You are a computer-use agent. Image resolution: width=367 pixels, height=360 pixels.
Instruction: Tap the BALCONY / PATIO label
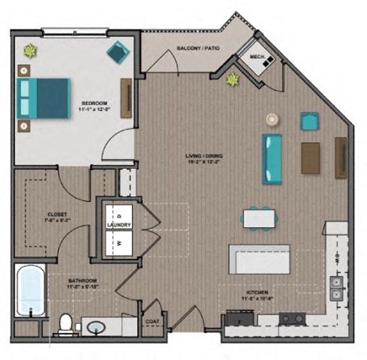click(199, 48)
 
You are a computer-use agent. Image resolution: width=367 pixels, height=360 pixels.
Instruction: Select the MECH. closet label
click(256, 56)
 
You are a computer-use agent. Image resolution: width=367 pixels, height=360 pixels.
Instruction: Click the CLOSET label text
click(36, 215)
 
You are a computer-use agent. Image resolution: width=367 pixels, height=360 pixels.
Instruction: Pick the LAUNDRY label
click(119, 225)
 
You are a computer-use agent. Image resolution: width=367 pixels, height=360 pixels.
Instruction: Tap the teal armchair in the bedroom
click(119, 52)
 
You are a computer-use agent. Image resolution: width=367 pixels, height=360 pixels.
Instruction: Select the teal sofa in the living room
click(272, 157)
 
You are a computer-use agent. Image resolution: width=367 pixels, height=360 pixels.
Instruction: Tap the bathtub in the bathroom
click(31, 290)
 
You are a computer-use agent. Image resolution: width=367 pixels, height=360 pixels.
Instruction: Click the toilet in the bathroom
click(66, 324)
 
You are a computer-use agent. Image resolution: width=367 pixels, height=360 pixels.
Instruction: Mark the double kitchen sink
click(336, 286)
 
